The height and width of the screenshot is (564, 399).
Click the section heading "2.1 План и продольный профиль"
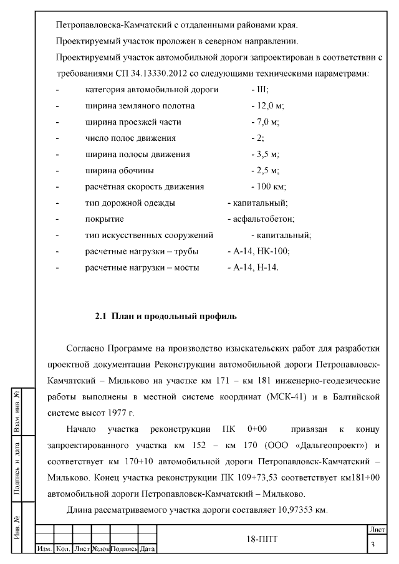click(x=165, y=317)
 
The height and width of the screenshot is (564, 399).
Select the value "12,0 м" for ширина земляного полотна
click(x=266, y=106)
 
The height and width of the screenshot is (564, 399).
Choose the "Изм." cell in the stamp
click(x=44, y=549)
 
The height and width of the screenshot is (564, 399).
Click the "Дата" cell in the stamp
click(x=147, y=549)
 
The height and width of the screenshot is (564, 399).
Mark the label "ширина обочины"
click(x=120, y=170)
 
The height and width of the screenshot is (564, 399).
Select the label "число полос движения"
click(x=130, y=138)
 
